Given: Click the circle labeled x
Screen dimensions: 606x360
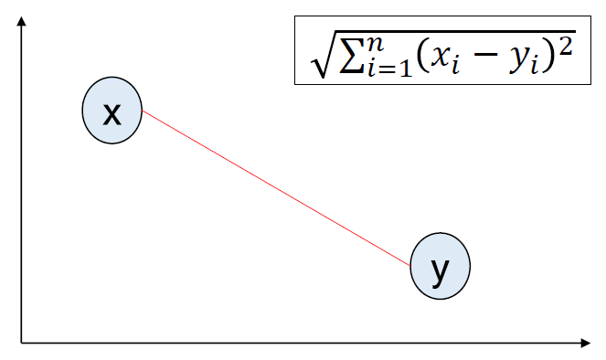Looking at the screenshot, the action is point(112,111).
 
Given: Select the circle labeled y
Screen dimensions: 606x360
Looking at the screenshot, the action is point(441,266).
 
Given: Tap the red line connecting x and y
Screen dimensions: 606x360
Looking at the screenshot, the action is point(276,188).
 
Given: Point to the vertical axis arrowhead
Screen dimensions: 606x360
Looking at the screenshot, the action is point(22,21).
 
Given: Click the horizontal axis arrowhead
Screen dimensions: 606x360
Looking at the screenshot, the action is point(586,343).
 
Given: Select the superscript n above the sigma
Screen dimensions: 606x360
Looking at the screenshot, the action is point(376,44).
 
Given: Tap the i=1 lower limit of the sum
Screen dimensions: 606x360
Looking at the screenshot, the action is point(389,68).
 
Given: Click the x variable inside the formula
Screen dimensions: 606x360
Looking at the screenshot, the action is point(441,58).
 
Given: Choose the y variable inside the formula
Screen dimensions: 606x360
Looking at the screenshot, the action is point(519,60).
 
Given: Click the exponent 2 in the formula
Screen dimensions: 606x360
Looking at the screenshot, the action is point(565,48).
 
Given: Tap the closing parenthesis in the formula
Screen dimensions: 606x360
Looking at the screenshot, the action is point(548,58).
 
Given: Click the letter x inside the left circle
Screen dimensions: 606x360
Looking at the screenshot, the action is point(112,114).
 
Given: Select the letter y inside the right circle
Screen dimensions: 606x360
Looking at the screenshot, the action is point(440,272).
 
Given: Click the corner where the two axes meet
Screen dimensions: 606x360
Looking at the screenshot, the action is point(22,343).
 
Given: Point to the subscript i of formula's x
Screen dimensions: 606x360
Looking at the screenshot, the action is point(456,66).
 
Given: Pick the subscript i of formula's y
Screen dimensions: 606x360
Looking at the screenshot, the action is point(535,66).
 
